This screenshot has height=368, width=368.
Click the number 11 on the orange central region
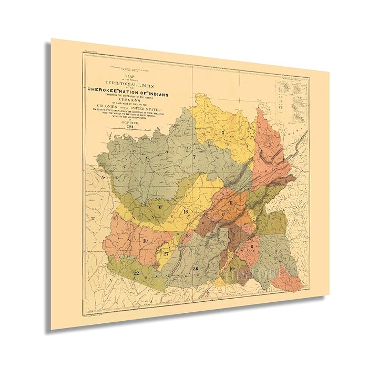[231, 202]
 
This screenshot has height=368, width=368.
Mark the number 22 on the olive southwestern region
[136, 273]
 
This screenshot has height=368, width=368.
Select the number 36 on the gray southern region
[196, 269]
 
